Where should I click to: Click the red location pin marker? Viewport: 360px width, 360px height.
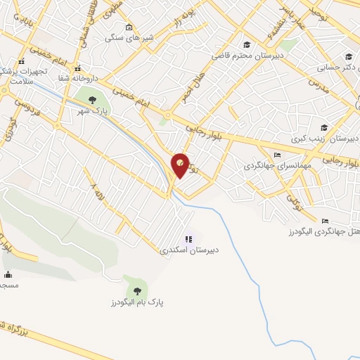(181, 165)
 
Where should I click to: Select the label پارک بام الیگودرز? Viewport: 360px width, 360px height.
(136, 302)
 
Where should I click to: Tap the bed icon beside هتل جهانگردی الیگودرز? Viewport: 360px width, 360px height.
(326, 219)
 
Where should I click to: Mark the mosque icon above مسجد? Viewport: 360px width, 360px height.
(7, 274)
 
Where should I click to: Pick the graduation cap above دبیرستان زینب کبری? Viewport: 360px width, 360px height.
(324, 127)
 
